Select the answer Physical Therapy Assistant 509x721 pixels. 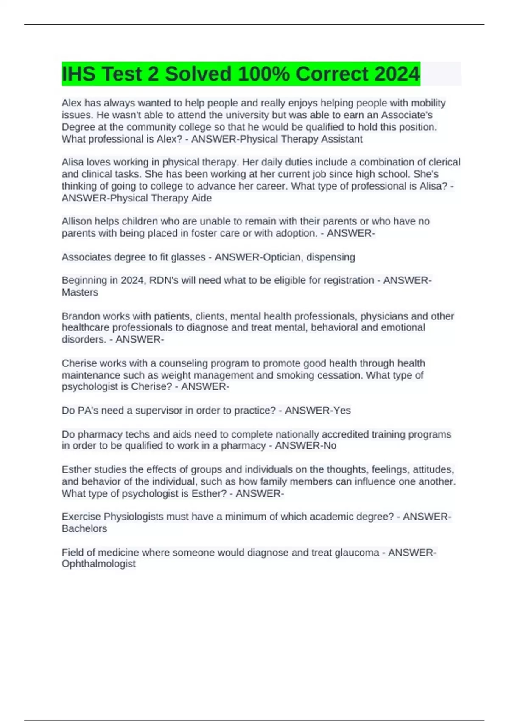(x=301, y=139)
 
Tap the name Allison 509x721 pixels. (x=77, y=221)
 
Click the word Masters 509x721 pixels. (x=80, y=292)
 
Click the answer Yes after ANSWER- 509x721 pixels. (x=342, y=410)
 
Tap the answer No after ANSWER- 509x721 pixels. (x=330, y=446)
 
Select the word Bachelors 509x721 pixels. (x=84, y=528)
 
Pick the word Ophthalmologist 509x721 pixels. (x=99, y=564)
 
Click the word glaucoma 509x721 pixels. (x=357, y=552)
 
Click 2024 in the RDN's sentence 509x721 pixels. (x=132, y=280)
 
